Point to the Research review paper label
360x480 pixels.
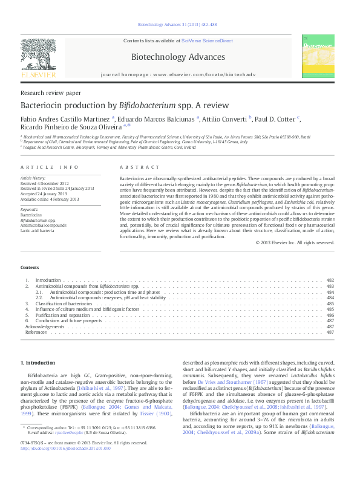click(x=50, y=93)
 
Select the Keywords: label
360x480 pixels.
click(x=30, y=209)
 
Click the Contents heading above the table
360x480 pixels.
click(x=30, y=267)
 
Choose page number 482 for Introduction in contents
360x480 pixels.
click(x=330, y=281)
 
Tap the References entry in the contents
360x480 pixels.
click(x=36, y=332)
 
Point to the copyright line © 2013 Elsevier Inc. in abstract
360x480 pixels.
click(x=295, y=242)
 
